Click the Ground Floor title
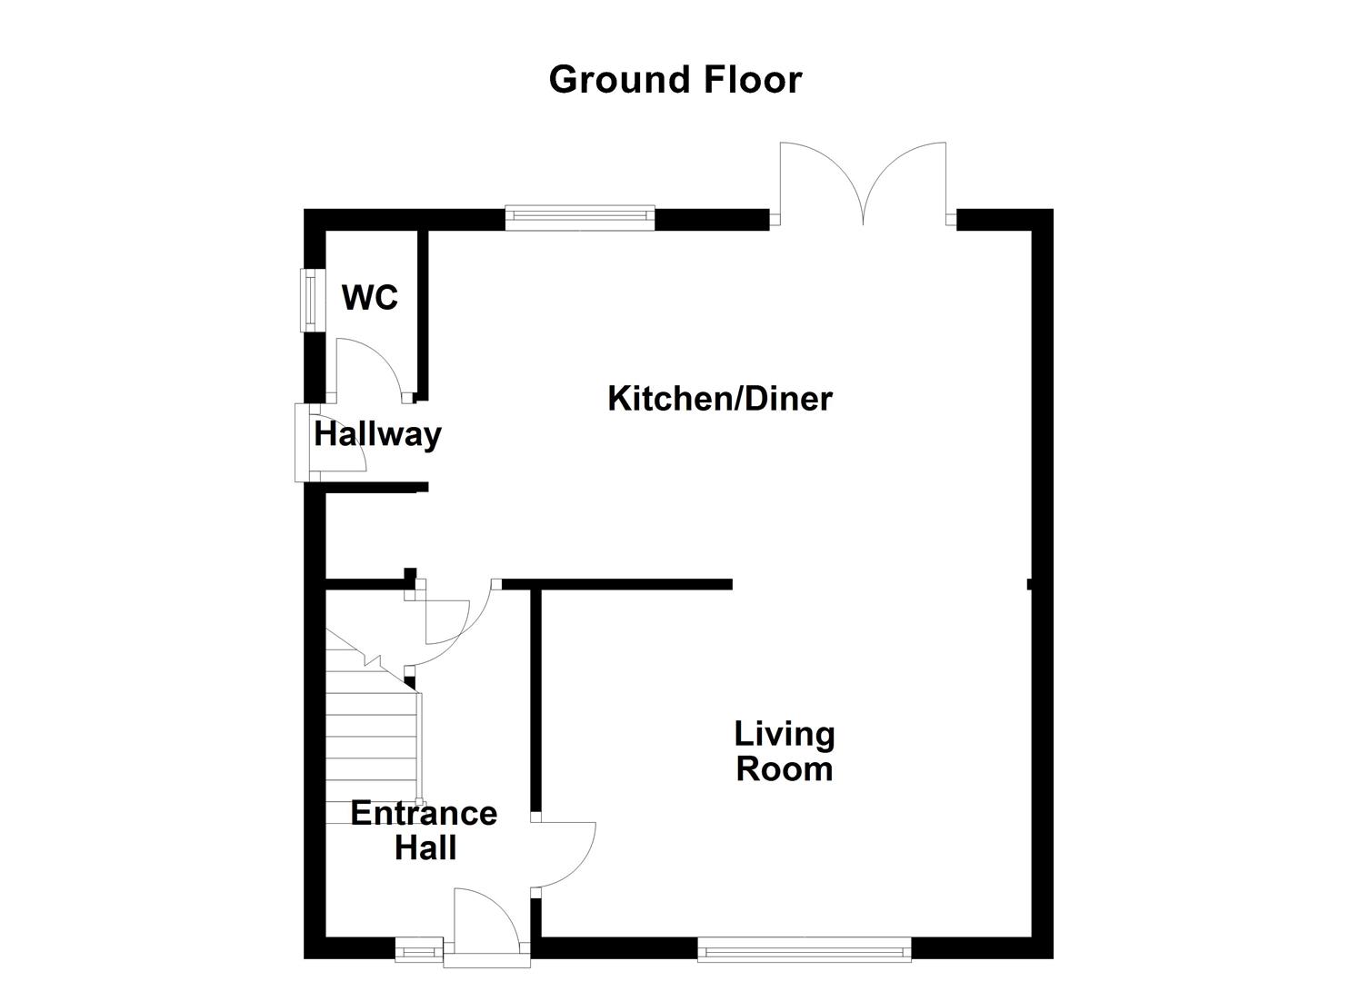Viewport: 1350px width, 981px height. [x=675, y=80]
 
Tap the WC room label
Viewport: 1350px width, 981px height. [x=370, y=297]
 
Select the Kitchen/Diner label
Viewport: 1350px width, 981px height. [x=719, y=399]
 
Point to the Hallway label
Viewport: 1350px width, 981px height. [x=377, y=434]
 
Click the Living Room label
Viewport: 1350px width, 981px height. [x=784, y=751]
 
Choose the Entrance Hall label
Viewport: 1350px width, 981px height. [x=424, y=830]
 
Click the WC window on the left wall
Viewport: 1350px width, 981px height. [x=312, y=300]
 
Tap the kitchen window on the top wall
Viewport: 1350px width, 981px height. [x=579, y=215]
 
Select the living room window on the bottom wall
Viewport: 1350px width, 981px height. [x=805, y=951]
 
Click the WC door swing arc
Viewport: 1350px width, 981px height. [x=368, y=363]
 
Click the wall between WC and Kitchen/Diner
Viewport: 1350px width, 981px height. [x=422, y=309]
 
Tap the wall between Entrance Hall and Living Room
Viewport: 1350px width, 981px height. [x=536, y=699]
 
